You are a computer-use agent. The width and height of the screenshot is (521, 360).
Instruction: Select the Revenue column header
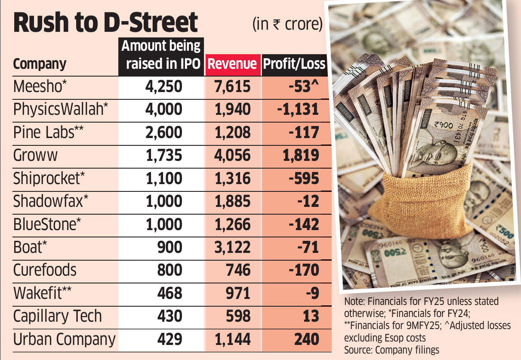pos(232,64)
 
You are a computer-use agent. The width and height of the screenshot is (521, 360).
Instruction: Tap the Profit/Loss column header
pos(294,64)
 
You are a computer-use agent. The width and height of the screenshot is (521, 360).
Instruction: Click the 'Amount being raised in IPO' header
pos(161,55)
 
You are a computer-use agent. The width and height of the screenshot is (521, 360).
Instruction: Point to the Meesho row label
pos(40,86)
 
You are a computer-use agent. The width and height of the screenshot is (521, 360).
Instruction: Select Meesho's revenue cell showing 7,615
pos(232,86)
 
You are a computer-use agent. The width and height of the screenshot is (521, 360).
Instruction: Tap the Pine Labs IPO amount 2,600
pos(164,132)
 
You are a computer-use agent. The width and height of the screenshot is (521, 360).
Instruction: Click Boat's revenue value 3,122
pos(232,247)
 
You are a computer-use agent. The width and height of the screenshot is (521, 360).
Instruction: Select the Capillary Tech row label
pos(58,316)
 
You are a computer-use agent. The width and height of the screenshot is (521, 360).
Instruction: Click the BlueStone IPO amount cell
pos(164,224)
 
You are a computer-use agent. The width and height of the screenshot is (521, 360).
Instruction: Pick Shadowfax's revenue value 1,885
pos(232,201)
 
